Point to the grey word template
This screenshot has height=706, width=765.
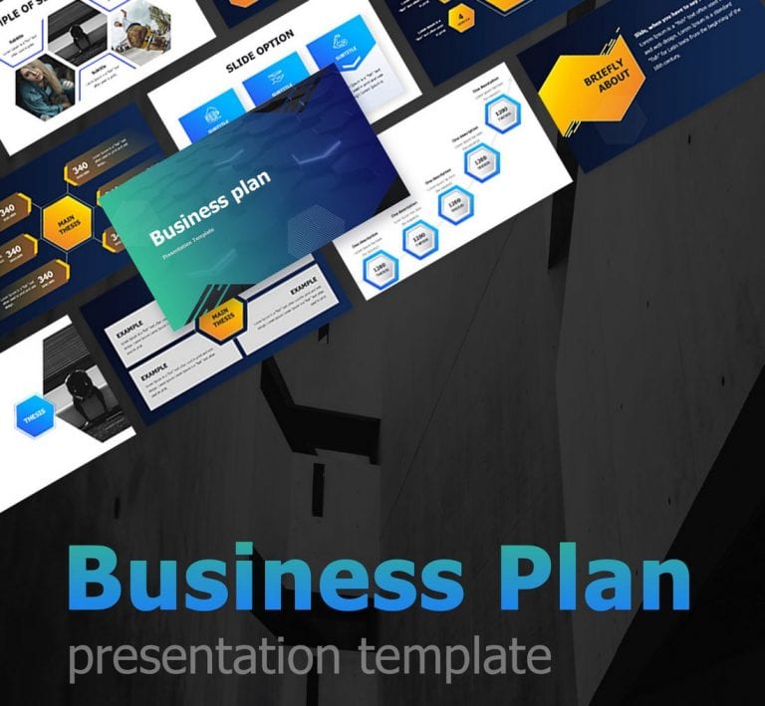[454, 658]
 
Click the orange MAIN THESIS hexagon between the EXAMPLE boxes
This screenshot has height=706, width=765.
[222, 320]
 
